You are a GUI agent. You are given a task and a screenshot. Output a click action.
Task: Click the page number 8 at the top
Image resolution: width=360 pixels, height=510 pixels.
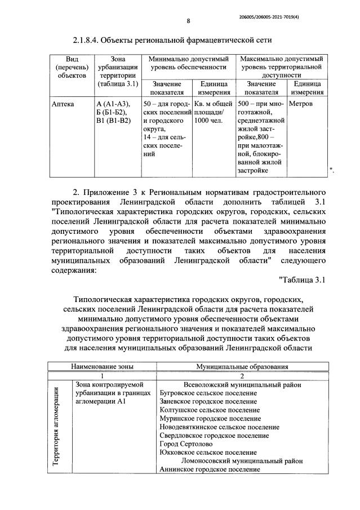coord(189,21)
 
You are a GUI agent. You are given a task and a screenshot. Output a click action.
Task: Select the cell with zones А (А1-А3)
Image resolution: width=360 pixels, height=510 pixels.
coord(113,104)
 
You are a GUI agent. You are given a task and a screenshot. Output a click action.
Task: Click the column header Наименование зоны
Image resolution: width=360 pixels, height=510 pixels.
coord(102,366)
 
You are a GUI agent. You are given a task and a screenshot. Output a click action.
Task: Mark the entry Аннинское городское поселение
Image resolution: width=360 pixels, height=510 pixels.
coord(210,469)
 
